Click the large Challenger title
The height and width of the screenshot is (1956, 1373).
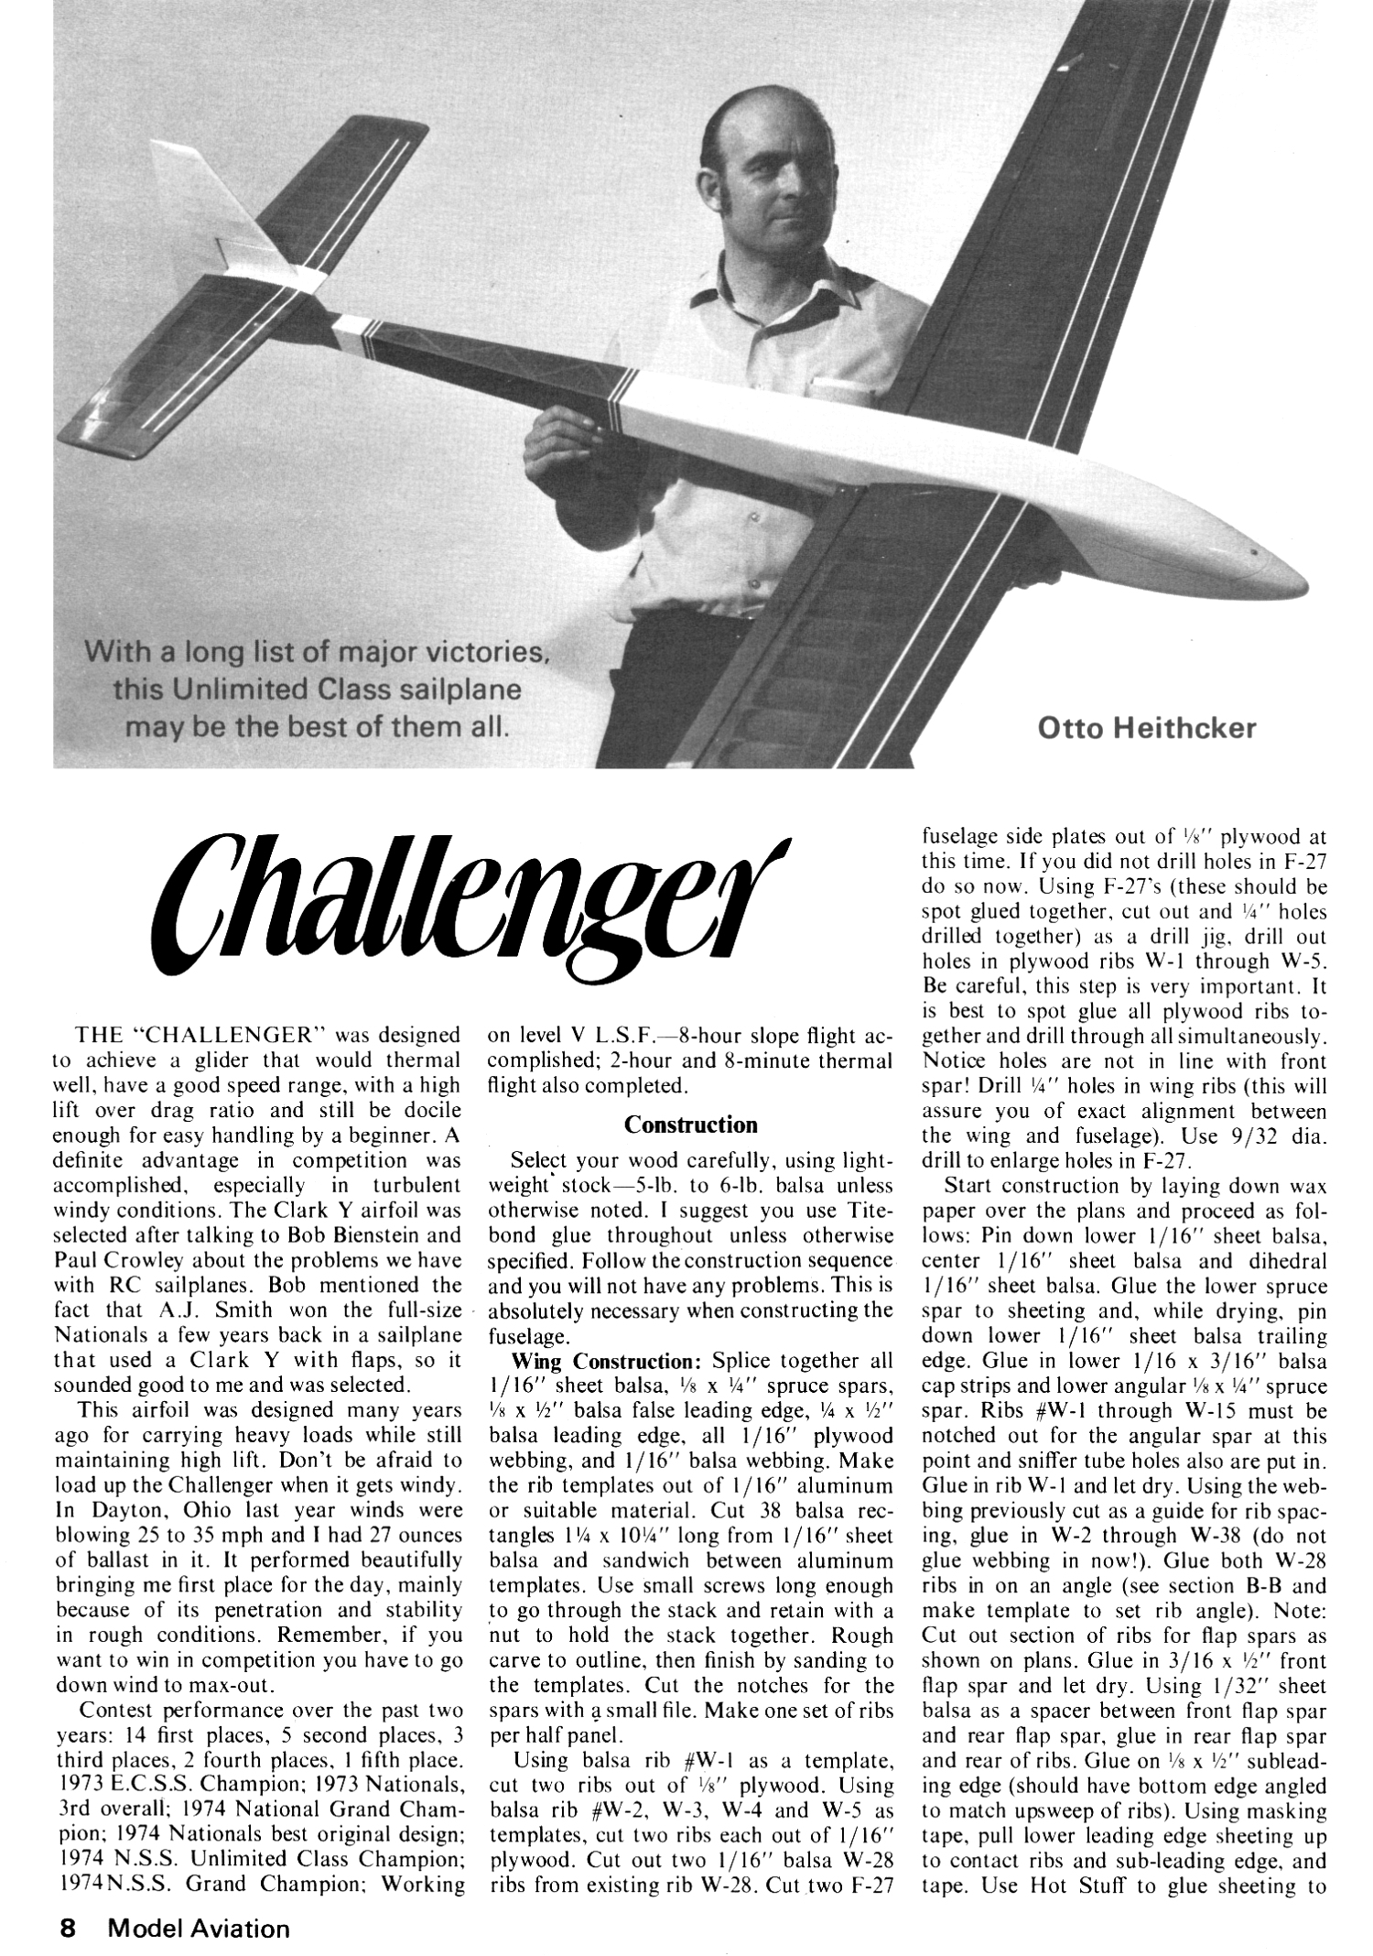coord(458,907)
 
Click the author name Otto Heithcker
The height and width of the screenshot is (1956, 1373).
coord(1147,728)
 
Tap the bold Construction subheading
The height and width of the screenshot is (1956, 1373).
coord(691,1125)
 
